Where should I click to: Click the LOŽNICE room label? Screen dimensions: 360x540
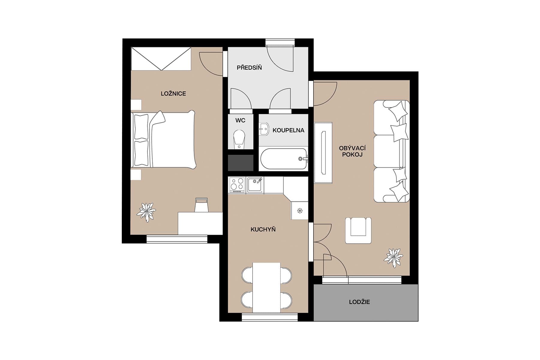(x=173, y=94)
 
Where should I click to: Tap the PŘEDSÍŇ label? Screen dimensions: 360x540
(x=249, y=68)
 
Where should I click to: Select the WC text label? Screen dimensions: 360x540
(x=240, y=121)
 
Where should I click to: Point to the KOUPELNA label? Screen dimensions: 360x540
(x=288, y=130)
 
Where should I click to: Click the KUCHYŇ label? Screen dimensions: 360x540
(x=263, y=229)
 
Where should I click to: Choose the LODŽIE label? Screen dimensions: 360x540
(x=359, y=302)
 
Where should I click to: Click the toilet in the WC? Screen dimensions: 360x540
(x=239, y=139)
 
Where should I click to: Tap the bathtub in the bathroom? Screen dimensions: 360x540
(x=283, y=159)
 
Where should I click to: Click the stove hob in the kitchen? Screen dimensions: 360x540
(x=237, y=185)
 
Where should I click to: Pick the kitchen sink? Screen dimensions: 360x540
(x=255, y=185)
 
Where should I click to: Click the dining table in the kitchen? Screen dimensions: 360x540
(x=266, y=287)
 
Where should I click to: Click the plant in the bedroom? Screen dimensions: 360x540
(x=146, y=212)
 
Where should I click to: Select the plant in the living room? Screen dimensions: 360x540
(x=393, y=257)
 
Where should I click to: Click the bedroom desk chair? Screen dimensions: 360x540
(x=201, y=205)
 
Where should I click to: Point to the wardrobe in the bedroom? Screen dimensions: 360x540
(x=161, y=59)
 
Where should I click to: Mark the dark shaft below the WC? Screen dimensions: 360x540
(x=241, y=163)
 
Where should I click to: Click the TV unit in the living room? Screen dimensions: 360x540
(x=323, y=153)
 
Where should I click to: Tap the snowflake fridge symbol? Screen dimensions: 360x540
(x=299, y=211)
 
